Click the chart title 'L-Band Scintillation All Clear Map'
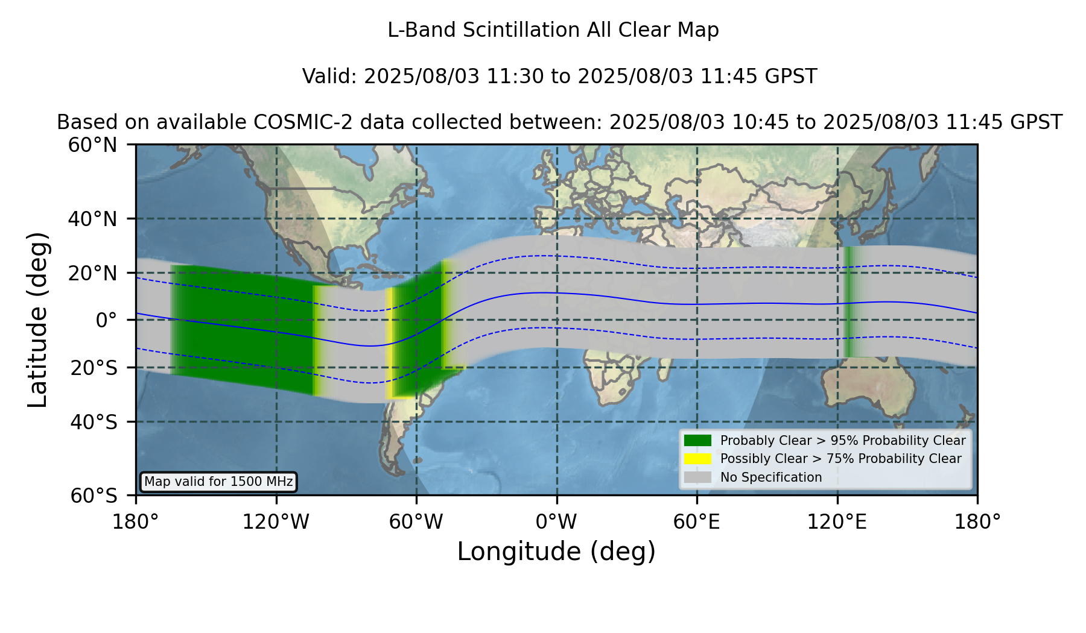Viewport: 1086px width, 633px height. (x=553, y=30)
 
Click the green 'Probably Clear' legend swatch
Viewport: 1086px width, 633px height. (x=697, y=440)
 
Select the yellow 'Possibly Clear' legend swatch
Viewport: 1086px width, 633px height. (x=697, y=459)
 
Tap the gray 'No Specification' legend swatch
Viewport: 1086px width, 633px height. (x=697, y=477)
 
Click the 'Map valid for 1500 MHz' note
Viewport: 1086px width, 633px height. (x=218, y=482)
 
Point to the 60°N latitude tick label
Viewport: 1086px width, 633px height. (x=92, y=145)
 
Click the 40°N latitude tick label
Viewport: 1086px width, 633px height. (x=92, y=219)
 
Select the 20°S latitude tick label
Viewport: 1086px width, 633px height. (x=94, y=368)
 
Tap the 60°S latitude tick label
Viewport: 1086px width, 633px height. (x=94, y=496)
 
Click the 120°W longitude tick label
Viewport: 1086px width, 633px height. (x=276, y=521)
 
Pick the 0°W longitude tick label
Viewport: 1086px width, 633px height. (x=556, y=521)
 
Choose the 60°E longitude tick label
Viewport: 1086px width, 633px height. (x=697, y=521)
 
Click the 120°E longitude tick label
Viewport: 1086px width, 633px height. (x=837, y=521)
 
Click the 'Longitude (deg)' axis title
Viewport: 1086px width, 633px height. (x=556, y=552)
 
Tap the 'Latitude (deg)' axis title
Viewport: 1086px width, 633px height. (x=37, y=320)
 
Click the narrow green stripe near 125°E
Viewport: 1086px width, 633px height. (x=849, y=301)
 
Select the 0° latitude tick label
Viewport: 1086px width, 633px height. (x=106, y=320)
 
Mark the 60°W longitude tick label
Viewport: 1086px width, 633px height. (x=416, y=521)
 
